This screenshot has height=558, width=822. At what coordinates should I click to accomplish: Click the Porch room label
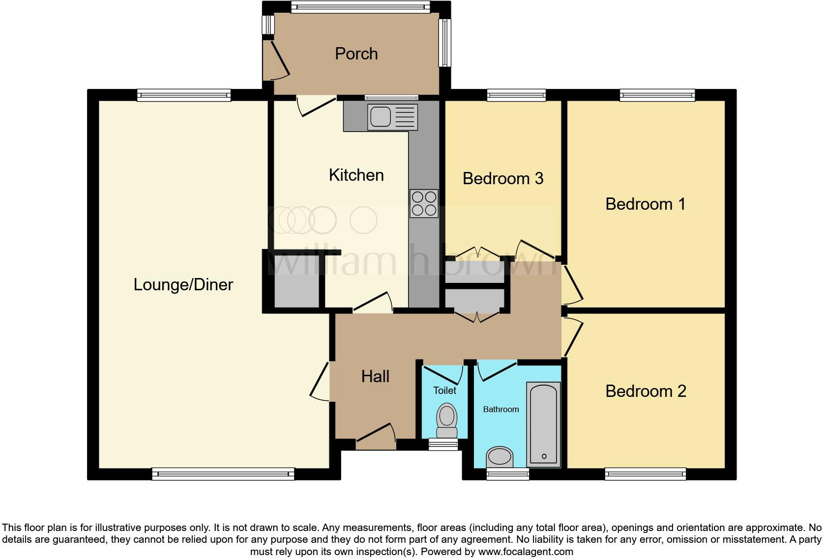pos(356,54)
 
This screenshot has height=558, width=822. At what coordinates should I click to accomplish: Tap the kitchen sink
pos(392,117)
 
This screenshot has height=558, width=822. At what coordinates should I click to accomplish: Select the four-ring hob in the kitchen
pos(424,203)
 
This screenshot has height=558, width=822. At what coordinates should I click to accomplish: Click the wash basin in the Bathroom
pos(499,457)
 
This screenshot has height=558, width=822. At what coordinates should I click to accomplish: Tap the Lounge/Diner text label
pos(183,284)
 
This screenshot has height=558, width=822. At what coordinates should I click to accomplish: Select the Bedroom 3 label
pos(502,178)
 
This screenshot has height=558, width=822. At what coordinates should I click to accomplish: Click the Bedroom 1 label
pos(645,204)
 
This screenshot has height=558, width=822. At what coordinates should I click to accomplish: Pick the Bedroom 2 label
pos(646,391)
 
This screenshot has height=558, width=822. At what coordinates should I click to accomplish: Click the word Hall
pos(375,376)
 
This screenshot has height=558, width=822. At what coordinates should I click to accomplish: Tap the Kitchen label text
pos(356,175)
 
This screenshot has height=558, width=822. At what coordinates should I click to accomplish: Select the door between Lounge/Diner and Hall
pos(321,381)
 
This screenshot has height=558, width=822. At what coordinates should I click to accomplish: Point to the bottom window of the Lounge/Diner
pos(223,474)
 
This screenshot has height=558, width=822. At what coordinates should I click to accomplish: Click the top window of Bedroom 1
pos(657,95)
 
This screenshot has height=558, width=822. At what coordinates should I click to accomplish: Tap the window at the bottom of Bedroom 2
pos(645,474)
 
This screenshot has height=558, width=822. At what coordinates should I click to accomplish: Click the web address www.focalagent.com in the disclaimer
pos(525,552)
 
